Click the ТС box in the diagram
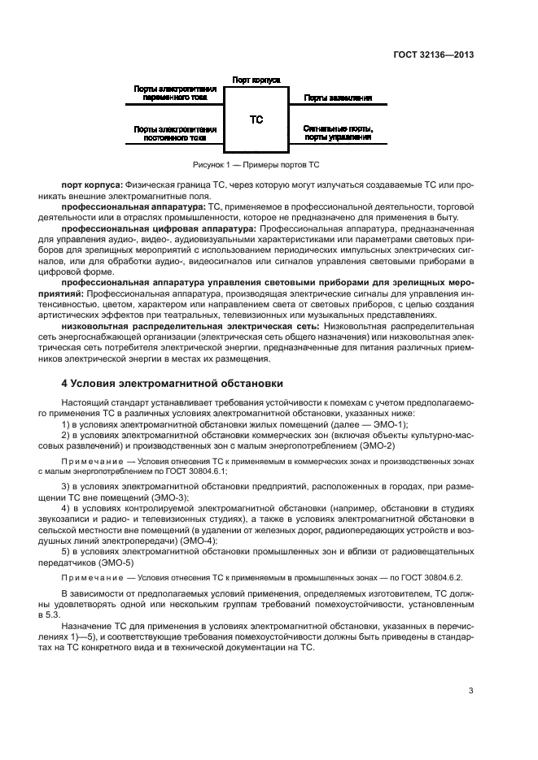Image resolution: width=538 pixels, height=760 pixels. [256, 119]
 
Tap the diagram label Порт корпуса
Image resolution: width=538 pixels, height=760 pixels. [256, 80]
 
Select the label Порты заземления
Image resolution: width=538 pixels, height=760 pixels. [339, 98]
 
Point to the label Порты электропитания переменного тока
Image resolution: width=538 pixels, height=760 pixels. [175, 93]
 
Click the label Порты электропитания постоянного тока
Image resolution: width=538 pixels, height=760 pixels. [175, 133]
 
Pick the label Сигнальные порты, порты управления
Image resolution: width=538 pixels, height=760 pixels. [339, 133]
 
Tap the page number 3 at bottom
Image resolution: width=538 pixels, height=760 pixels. [470, 691]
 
